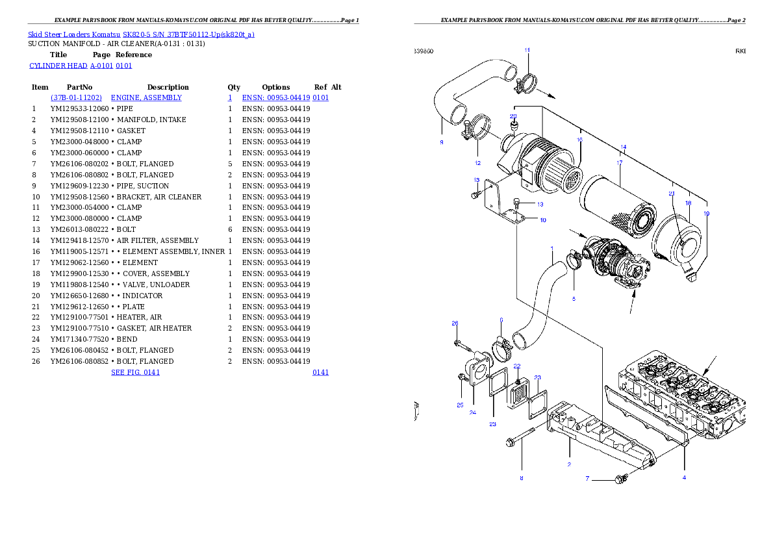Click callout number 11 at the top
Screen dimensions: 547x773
click(527, 50)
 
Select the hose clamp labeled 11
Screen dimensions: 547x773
click(527, 83)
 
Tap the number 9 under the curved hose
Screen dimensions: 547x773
click(441, 142)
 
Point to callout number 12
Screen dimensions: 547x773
click(477, 163)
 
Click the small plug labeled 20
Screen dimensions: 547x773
click(513, 124)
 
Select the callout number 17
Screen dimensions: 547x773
click(619, 163)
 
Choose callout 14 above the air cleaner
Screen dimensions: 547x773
click(623, 147)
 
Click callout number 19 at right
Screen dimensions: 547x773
click(706, 214)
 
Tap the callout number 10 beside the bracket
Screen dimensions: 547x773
click(542, 220)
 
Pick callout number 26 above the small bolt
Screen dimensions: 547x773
click(455, 323)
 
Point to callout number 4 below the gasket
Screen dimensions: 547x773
click(683, 477)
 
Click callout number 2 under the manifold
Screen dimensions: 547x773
click(569, 464)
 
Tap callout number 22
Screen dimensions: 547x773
click(516, 366)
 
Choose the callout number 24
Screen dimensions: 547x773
click(472, 413)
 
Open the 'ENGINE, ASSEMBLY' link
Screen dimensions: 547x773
click(146, 97)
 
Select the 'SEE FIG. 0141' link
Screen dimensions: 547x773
click(135, 372)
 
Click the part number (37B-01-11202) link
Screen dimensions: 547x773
click(76, 97)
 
